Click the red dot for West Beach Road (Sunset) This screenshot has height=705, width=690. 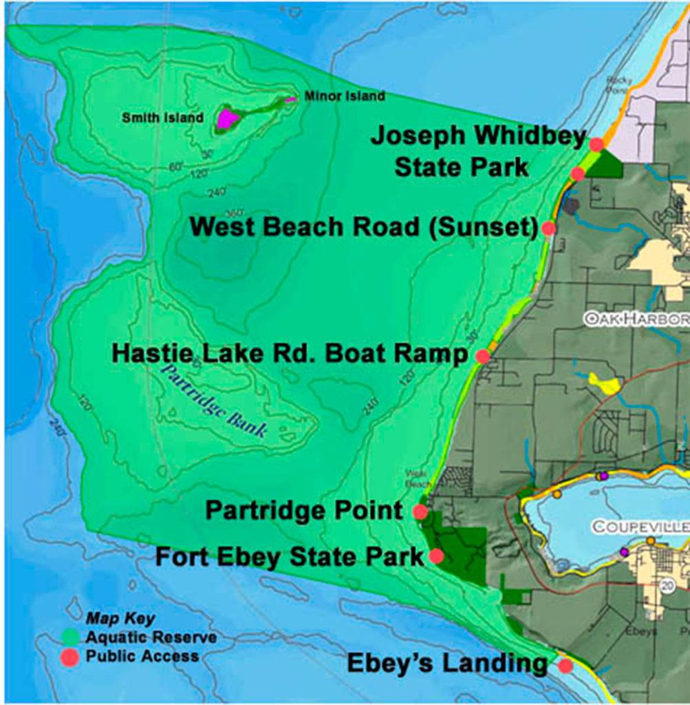pos(548,228)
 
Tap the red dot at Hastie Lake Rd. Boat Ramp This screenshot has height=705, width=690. pos(483,356)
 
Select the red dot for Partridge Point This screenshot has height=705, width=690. pos(420,512)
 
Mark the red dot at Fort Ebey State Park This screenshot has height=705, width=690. pos(435,556)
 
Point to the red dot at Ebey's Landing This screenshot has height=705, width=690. pos(565,666)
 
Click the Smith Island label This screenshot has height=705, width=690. pos(163,118)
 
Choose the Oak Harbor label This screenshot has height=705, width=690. pos(636,319)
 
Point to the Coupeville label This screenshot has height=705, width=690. pos(640,527)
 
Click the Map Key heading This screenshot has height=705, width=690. pos(120,618)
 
